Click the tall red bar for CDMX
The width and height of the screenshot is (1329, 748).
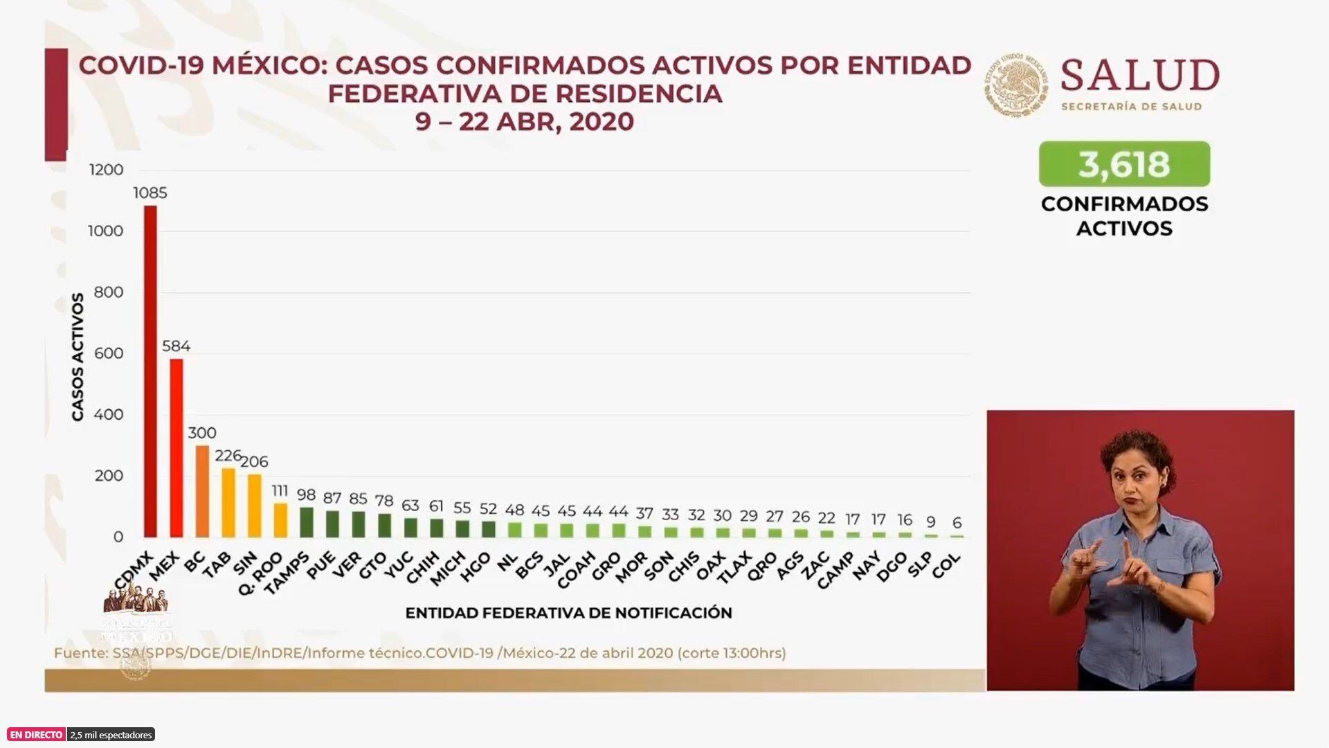click(150, 371)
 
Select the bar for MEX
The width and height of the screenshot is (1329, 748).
click(177, 447)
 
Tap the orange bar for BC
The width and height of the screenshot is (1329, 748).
click(202, 491)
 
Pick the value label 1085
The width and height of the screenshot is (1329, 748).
click(150, 193)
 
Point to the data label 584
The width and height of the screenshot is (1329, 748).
click(176, 346)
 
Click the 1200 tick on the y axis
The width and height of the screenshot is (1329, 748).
click(106, 170)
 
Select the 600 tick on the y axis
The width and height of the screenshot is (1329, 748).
click(109, 353)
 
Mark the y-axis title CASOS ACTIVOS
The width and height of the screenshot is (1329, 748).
click(78, 357)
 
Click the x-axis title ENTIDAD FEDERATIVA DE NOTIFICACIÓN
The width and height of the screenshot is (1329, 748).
click(568, 613)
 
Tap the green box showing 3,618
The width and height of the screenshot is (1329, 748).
click(1124, 164)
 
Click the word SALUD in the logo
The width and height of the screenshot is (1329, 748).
click(1139, 75)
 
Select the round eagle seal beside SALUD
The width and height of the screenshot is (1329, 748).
click(1016, 84)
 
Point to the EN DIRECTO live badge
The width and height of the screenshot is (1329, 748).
click(36, 735)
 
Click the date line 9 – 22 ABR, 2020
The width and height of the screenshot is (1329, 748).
click(525, 122)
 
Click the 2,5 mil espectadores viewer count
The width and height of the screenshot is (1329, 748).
click(111, 735)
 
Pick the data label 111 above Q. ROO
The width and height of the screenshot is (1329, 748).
click(280, 491)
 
